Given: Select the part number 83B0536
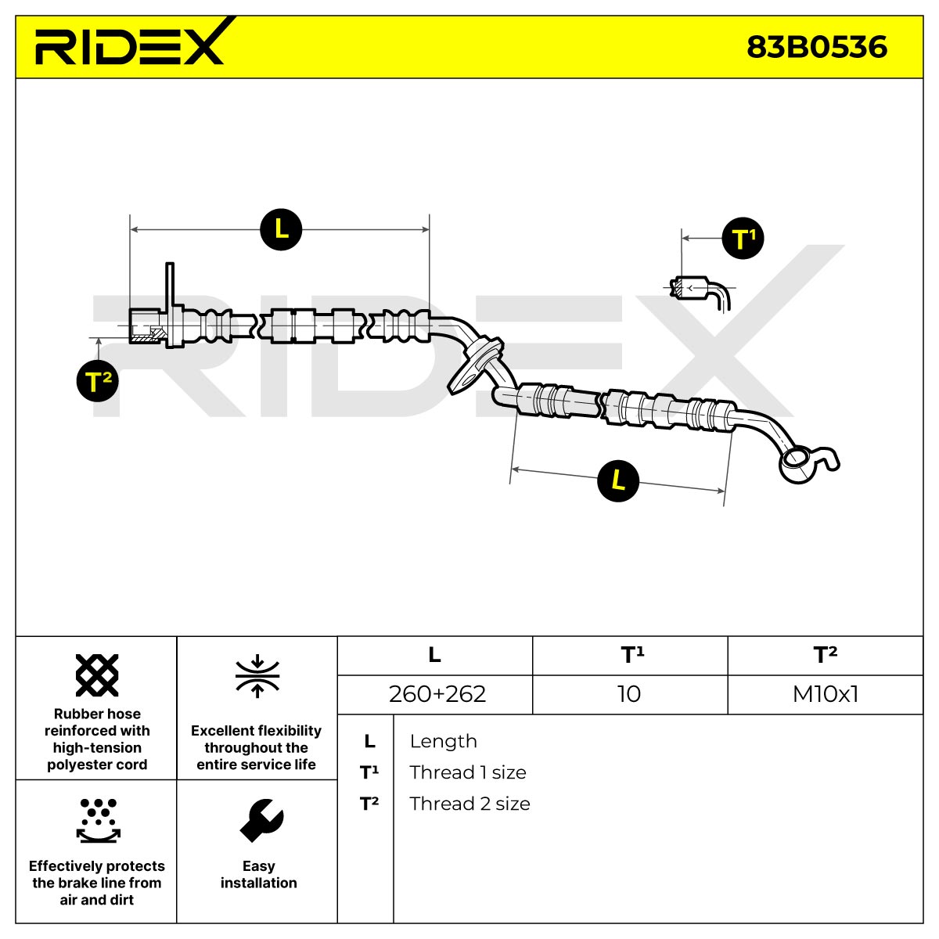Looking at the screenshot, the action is pos(817,47).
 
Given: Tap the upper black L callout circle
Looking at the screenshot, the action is pos(281,229).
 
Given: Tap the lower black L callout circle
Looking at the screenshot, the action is pos(618,480).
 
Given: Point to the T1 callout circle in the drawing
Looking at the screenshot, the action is pos(743,239).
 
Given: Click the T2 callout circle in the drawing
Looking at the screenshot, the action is pos(98,380).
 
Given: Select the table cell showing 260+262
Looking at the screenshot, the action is pos(437,694).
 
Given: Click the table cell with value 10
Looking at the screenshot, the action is pos(629,694).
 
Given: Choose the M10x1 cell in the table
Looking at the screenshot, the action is pos(826,694).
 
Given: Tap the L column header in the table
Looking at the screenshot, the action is pos(434,654).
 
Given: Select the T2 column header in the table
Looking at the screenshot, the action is pos(826,654).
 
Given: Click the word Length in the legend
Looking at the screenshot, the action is pos(444,741).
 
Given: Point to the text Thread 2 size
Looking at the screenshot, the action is pos(469,804).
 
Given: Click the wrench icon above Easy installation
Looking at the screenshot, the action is pos(261,820).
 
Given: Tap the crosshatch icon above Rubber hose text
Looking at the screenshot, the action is pos(97,675).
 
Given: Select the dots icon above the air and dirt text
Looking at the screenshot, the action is pos(98,821).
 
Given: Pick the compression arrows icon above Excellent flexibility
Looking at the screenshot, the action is pos(257,675).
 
